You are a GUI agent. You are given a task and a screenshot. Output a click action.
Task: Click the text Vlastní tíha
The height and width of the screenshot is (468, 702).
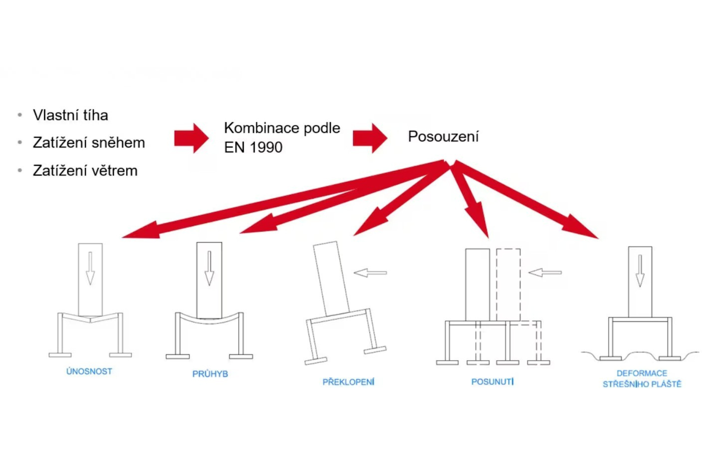point(71,115)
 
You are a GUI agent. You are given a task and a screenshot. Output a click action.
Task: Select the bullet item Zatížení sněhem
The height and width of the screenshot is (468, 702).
point(89,143)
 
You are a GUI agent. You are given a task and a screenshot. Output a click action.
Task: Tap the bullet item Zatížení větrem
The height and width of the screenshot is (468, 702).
point(85,171)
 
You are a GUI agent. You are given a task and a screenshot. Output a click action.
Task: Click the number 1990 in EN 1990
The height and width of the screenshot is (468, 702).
point(266,147)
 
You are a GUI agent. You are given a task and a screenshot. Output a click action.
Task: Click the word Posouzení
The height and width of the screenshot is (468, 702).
point(443,136)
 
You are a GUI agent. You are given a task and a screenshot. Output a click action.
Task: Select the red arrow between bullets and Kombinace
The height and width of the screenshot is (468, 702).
point(191,138)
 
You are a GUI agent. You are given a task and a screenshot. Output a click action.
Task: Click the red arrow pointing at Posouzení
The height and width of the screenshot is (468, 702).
point(370,138)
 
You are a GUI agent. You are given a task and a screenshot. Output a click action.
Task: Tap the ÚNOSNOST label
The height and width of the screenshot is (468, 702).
point(89,371)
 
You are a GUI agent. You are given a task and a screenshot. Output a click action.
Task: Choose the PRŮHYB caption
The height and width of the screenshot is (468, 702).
point(210,374)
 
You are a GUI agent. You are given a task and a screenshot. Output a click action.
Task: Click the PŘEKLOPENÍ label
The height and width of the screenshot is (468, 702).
point(348,382)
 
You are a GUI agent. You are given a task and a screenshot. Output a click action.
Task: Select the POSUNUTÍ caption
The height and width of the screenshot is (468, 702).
point(492,381)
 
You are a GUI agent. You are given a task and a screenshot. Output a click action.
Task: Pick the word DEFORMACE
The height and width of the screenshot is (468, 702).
point(642,373)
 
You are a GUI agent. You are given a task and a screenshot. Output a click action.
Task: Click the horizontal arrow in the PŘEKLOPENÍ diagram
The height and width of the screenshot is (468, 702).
point(370,273)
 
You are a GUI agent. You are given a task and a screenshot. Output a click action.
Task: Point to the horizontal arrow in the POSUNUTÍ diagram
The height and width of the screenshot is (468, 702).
point(545,273)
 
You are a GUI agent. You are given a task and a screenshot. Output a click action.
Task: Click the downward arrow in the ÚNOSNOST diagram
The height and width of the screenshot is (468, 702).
point(90,268)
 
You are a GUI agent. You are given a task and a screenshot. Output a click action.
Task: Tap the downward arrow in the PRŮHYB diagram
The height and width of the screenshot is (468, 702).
point(209,268)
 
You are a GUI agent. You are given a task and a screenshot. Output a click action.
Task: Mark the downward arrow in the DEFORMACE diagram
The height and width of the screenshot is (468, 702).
point(640,271)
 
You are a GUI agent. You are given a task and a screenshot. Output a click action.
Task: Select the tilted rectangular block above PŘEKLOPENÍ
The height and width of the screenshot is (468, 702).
point(331,279)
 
